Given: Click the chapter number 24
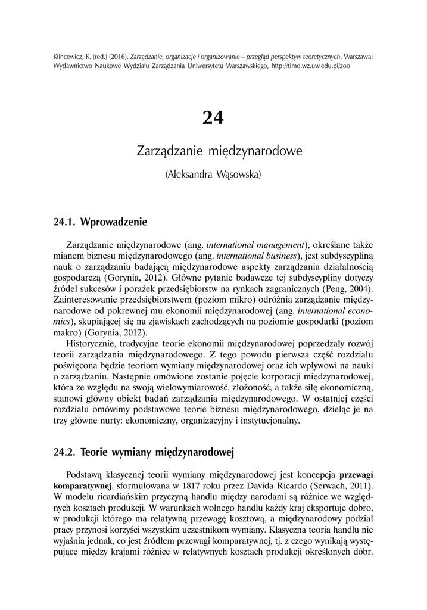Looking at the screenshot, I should tap(213, 118).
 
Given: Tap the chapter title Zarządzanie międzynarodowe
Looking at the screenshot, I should tap(213, 151).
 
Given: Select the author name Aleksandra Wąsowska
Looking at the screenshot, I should tap(213, 175).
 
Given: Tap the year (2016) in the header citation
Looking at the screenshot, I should tap(116, 57).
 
